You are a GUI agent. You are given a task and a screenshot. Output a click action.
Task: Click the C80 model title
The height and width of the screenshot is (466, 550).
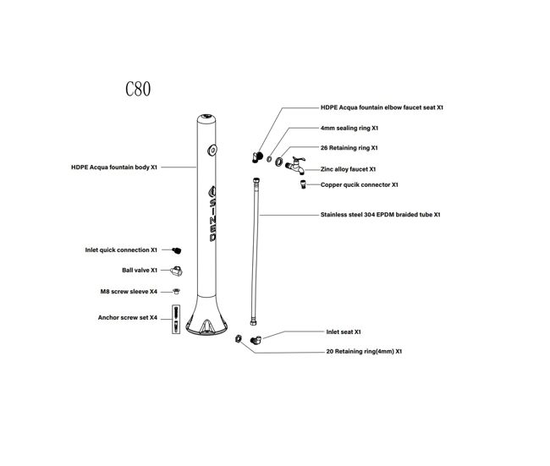point(138,89)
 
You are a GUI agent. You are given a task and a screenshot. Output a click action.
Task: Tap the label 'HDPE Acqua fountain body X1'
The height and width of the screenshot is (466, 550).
point(114,167)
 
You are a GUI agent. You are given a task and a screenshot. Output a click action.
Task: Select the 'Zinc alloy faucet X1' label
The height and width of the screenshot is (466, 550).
point(348,169)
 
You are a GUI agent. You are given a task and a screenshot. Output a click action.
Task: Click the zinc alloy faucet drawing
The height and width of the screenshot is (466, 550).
point(295,165)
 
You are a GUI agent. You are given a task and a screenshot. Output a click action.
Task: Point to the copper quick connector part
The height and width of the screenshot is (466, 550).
point(303,184)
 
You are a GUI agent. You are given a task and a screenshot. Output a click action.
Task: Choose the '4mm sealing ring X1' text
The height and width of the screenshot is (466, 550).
point(349,129)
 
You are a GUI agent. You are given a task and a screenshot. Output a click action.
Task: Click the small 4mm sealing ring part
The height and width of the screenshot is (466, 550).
point(269,159)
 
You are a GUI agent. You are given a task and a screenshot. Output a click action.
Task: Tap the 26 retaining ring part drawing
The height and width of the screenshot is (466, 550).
point(279,162)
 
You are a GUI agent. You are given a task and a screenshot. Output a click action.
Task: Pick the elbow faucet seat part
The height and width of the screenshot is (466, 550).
point(257,157)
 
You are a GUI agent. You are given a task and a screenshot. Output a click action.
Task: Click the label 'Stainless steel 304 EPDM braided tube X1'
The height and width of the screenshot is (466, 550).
point(380,215)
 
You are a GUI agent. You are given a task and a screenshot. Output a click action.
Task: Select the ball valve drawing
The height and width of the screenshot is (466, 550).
point(177,271)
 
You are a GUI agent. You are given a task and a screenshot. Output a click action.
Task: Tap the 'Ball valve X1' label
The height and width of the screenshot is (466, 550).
point(140,271)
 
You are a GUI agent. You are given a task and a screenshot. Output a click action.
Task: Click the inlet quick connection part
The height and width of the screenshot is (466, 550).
point(177,250)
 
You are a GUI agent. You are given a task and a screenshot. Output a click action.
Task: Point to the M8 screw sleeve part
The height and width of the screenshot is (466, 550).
point(177,291)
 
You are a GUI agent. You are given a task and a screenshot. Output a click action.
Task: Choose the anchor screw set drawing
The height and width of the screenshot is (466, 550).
point(176,319)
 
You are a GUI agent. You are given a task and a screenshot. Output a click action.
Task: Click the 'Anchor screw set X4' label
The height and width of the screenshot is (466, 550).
point(128,318)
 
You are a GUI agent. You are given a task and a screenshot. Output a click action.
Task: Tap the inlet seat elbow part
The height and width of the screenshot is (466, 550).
point(256,339)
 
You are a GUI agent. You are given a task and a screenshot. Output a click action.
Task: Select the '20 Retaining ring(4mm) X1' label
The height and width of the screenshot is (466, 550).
point(364,351)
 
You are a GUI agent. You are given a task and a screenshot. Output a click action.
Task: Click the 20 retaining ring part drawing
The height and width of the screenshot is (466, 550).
point(239,338)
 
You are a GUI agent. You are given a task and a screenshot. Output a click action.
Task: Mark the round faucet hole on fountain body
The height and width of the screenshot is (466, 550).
point(212,150)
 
